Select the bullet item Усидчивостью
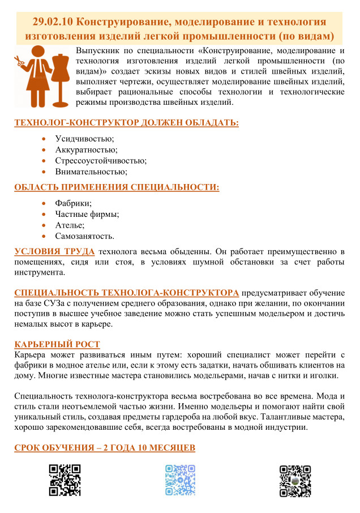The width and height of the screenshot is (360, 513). (x=84, y=139)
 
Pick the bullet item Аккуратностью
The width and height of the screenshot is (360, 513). (x=86, y=149)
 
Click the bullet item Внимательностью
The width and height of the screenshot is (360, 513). (x=91, y=171)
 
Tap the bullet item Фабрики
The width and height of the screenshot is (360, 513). (x=73, y=203)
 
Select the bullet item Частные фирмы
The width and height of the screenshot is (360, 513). (x=87, y=214)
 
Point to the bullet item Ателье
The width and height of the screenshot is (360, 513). (x=70, y=225)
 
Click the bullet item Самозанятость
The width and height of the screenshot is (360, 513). (x=84, y=236)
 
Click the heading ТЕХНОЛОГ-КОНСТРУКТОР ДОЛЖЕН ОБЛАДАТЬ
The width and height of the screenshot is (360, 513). (x=126, y=123)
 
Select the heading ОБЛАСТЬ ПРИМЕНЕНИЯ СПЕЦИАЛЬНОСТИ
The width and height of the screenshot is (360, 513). (x=117, y=187)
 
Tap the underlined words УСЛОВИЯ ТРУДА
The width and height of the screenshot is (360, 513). (x=54, y=251)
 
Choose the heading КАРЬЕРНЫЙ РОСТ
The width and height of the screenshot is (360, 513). (x=57, y=344)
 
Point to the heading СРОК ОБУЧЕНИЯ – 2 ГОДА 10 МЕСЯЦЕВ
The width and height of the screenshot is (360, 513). (x=105, y=448)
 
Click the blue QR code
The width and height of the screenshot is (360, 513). (x=180, y=480)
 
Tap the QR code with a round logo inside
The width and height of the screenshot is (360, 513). (x=295, y=480)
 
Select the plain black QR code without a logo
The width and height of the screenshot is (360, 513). (x=64, y=480)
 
